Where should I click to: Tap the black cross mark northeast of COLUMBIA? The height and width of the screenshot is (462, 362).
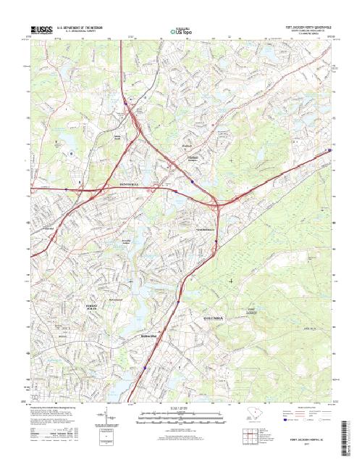tap(231, 280)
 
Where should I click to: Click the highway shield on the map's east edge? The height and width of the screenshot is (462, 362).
tap(329, 151)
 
